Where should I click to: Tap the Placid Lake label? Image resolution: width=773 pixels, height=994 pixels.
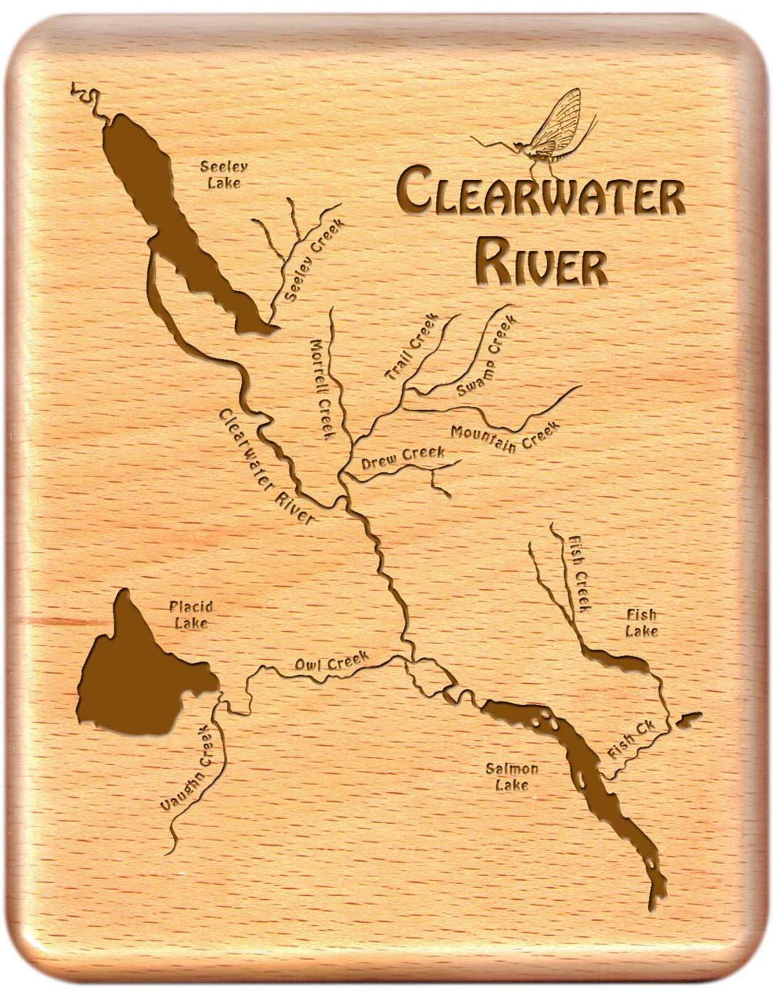coord(191,615)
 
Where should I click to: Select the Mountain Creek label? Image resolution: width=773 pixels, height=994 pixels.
coord(505,435)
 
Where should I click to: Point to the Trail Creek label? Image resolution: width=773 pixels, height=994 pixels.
coord(412,346)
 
